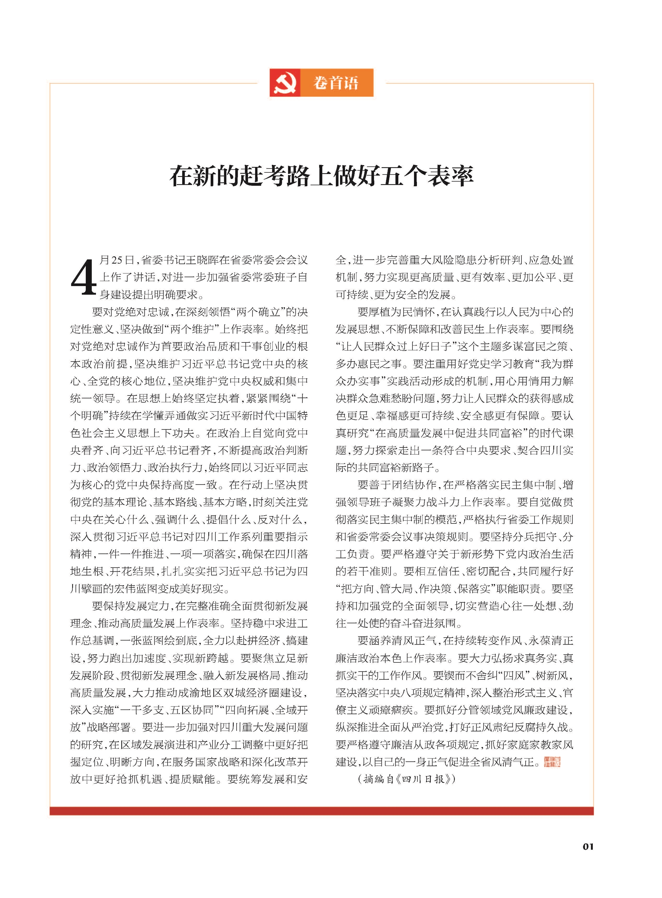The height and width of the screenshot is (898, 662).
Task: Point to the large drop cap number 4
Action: click(x=84, y=277)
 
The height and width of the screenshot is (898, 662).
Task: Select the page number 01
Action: click(x=588, y=846)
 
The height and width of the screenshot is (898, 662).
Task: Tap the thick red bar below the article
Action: click(x=321, y=811)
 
